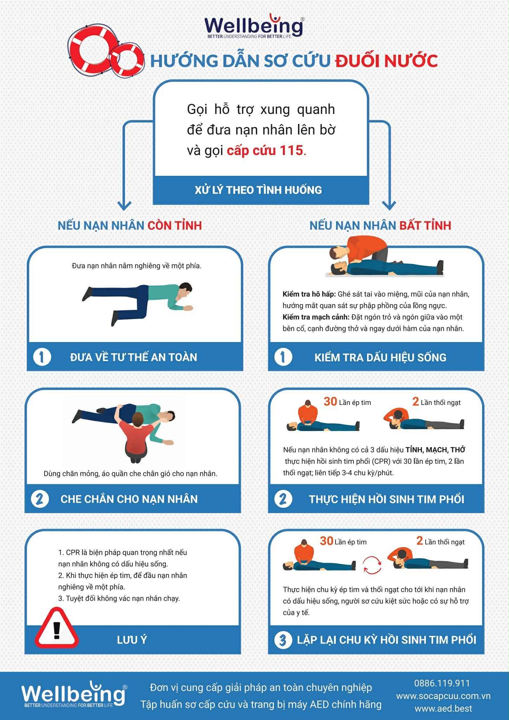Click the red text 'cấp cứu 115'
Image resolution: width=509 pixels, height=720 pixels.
[265, 150]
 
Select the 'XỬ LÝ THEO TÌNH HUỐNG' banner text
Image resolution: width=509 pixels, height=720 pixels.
[258, 190]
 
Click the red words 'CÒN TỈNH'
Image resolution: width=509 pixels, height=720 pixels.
[174, 225]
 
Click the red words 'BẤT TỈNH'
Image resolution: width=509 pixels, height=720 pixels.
[425, 225]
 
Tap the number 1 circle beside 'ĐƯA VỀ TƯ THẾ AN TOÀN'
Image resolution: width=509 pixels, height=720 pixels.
[42, 357]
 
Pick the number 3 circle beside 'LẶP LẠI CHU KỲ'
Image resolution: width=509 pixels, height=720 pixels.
[283, 639]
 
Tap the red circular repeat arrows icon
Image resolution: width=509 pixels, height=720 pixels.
[372, 565]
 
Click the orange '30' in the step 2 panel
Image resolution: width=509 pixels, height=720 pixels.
[330, 401]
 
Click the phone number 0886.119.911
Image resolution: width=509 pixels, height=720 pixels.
[442, 683]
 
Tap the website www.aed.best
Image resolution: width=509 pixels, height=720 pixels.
[443, 708]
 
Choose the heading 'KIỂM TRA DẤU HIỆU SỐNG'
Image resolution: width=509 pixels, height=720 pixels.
[380, 357]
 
